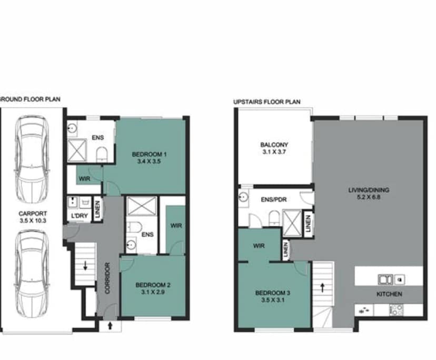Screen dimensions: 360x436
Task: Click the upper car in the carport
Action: pos(32,159)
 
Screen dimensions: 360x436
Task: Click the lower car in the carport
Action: pos(32,272)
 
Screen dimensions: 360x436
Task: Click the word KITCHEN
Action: pos(390,294)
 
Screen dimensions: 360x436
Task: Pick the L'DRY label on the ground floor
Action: pos(76,216)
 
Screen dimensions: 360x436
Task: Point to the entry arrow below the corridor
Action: pos(110,325)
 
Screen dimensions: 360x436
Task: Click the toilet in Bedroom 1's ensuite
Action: pos(102,154)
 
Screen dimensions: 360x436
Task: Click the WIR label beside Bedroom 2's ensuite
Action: pos(175,225)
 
